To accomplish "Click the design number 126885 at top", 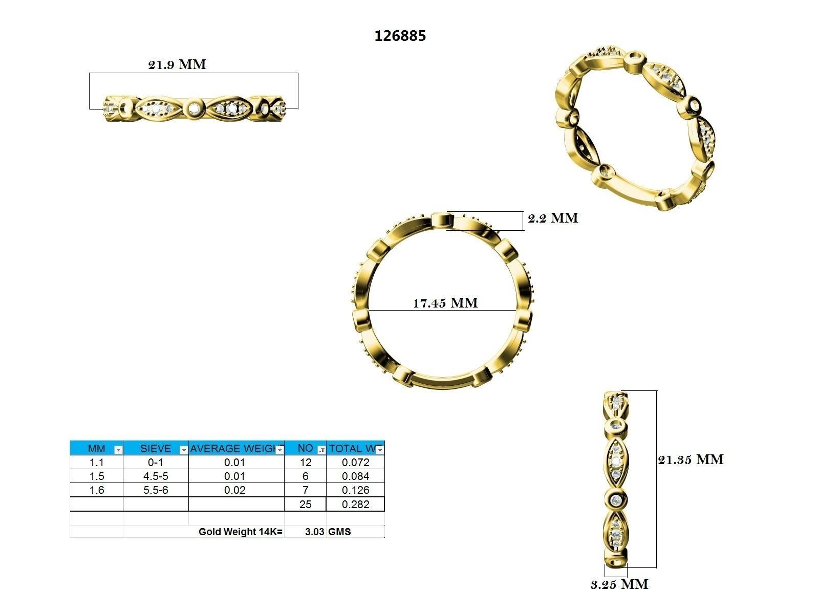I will [400, 36].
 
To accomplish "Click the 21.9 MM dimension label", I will [177, 64].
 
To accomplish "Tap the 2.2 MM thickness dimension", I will [553, 218].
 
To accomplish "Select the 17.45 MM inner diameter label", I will [445, 303].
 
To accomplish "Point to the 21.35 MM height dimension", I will [691, 459].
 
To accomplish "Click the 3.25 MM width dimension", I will [619, 584].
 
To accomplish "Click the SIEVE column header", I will [155, 449].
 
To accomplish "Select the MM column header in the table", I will [96, 449].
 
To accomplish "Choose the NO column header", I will [305, 448].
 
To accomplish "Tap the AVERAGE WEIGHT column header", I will [233, 449].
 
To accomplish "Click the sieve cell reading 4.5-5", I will [155, 476].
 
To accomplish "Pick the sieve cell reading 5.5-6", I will [155, 490].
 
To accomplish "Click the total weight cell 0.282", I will [355, 505].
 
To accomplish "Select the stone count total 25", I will [305, 505].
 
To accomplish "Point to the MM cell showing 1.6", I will [96, 490].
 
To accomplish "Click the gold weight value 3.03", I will [314, 532].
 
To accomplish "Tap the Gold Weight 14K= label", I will [240, 532].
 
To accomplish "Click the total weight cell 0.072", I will [355, 463].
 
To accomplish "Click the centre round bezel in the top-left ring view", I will [195, 108].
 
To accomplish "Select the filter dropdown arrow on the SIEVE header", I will [184, 450].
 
